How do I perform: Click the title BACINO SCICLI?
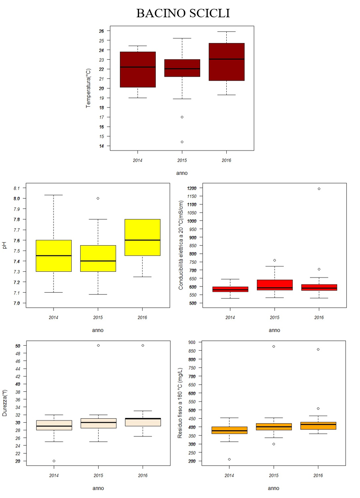(182, 13)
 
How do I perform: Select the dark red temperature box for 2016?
(226, 62)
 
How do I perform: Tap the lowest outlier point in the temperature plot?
(182, 142)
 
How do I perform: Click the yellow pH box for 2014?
(54, 255)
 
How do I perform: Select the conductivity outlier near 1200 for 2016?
(318, 189)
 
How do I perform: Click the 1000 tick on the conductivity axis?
(191, 221)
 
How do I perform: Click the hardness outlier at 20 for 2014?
(54, 461)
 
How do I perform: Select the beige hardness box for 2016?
(143, 422)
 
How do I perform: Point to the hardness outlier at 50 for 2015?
(98, 345)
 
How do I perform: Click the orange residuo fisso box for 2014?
(229, 430)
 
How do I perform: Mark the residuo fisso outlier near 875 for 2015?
(274, 346)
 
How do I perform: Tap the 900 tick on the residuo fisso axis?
(191, 342)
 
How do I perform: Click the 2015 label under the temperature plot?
(182, 160)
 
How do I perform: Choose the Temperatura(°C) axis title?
(89, 88)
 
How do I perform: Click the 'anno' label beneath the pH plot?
(97, 330)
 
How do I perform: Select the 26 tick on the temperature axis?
(101, 31)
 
